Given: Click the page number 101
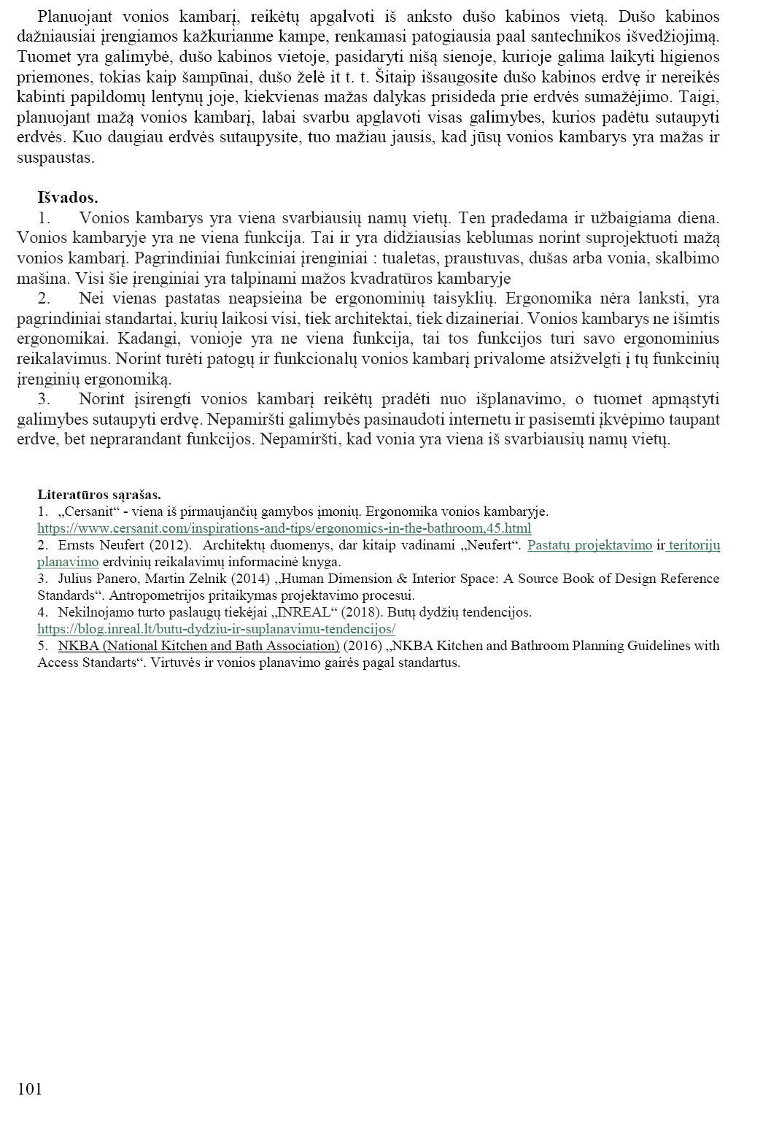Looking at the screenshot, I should click(29, 1089).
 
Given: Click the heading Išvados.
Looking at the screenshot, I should click(67, 197).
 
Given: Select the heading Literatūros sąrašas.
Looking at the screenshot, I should click(99, 495).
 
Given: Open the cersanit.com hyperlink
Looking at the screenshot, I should click(284, 528).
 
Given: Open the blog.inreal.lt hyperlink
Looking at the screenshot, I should click(216, 628).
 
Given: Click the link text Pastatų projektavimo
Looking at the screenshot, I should click(589, 545).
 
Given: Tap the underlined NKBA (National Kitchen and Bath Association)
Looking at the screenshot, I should click(198, 645).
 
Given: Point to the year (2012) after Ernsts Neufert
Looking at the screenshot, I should click(169, 545).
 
